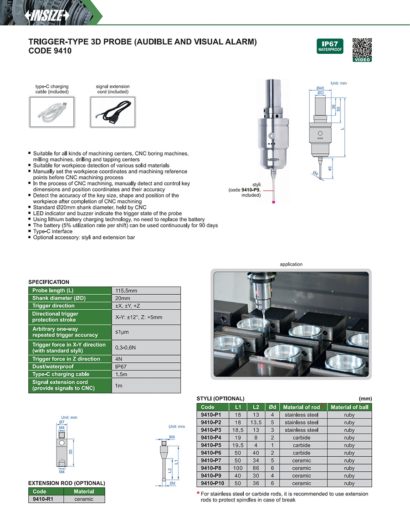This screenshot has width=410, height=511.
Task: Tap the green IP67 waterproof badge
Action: pyautogui.click(x=329, y=46)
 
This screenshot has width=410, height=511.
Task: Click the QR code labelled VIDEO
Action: pyautogui.click(x=362, y=47)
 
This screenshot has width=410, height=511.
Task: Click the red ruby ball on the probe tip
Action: pyautogui.click(x=273, y=201)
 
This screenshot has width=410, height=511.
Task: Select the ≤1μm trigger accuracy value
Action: pyautogui.click(x=121, y=332)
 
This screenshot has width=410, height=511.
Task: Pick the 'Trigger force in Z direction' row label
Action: pyautogui.click(x=66, y=359)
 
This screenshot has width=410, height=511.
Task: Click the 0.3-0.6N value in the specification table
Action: pyautogui.click(x=126, y=348)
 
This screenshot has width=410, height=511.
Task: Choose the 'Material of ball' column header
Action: pyautogui.click(x=349, y=407)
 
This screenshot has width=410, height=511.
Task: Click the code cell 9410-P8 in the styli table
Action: pyautogui.click(x=211, y=468)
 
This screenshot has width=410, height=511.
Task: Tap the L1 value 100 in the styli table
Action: pyautogui.click(x=238, y=468)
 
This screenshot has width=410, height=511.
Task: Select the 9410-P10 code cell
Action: pyautogui.click(x=212, y=483)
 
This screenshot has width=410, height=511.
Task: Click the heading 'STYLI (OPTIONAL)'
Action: pyautogui.click(x=220, y=398)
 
